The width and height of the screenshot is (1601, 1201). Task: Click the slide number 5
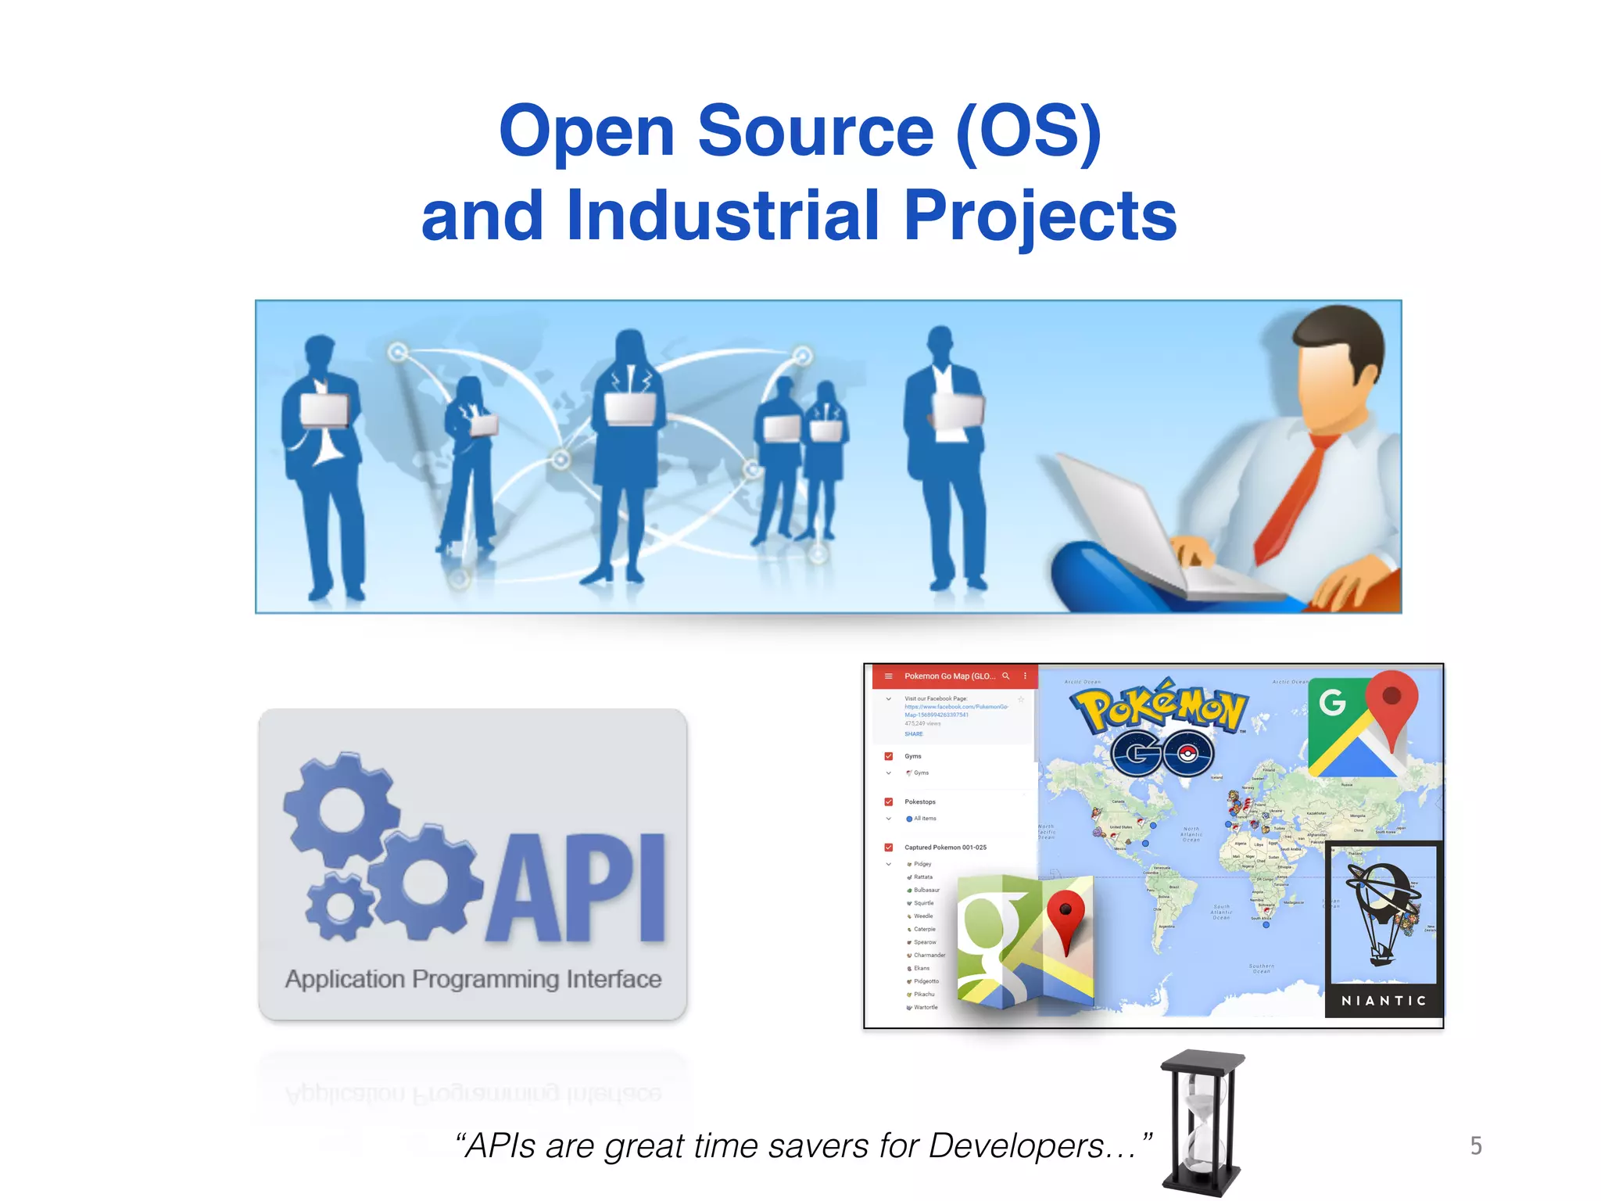1476,1145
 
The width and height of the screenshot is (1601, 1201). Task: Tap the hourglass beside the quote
1202,1122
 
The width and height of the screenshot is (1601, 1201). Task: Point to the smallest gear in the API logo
339,907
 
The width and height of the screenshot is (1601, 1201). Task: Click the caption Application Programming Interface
473,979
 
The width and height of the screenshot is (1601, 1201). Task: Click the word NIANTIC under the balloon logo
1384,1001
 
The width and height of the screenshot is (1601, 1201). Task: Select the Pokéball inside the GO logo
1187,754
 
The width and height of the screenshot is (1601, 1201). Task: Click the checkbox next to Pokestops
889,801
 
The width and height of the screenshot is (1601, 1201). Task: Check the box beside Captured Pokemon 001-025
889,848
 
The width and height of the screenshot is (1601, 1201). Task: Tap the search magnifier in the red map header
1006,676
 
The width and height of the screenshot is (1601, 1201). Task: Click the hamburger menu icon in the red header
889,676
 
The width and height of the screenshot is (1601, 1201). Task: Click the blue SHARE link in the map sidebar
914,734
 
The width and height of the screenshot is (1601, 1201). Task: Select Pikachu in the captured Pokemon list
924,995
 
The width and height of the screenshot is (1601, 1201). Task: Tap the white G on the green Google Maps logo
1333,701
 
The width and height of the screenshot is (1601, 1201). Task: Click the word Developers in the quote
1016,1146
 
